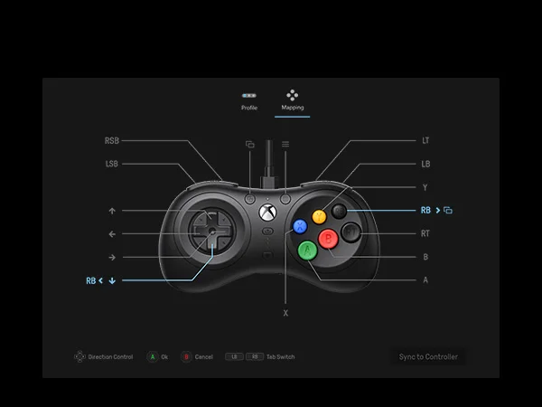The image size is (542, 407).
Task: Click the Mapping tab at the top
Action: click(293, 100)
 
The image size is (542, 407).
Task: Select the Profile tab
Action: click(249, 100)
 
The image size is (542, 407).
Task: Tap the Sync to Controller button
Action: click(428, 356)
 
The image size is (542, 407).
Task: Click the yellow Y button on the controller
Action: click(319, 217)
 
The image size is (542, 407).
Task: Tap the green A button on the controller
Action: click(307, 249)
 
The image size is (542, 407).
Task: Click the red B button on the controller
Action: click(329, 238)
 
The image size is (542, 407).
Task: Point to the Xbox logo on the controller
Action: click(267, 213)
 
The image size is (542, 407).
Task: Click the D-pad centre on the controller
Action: click(210, 233)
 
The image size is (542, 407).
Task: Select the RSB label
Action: click(112, 141)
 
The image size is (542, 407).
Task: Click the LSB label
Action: click(112, 164)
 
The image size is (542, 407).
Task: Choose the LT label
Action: click(425, 141)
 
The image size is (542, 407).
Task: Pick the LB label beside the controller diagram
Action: click(425, 164)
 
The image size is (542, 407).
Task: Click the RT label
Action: click(425, 233)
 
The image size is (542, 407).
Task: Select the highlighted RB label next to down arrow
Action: click(91, 280)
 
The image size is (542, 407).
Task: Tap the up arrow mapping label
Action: click(112, 211)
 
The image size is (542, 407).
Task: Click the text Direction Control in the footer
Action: click(110, 357)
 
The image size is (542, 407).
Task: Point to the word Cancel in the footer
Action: click(204, 357)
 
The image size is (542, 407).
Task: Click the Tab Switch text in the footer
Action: click(281, 357)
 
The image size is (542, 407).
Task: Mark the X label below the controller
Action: click(285, 312)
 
